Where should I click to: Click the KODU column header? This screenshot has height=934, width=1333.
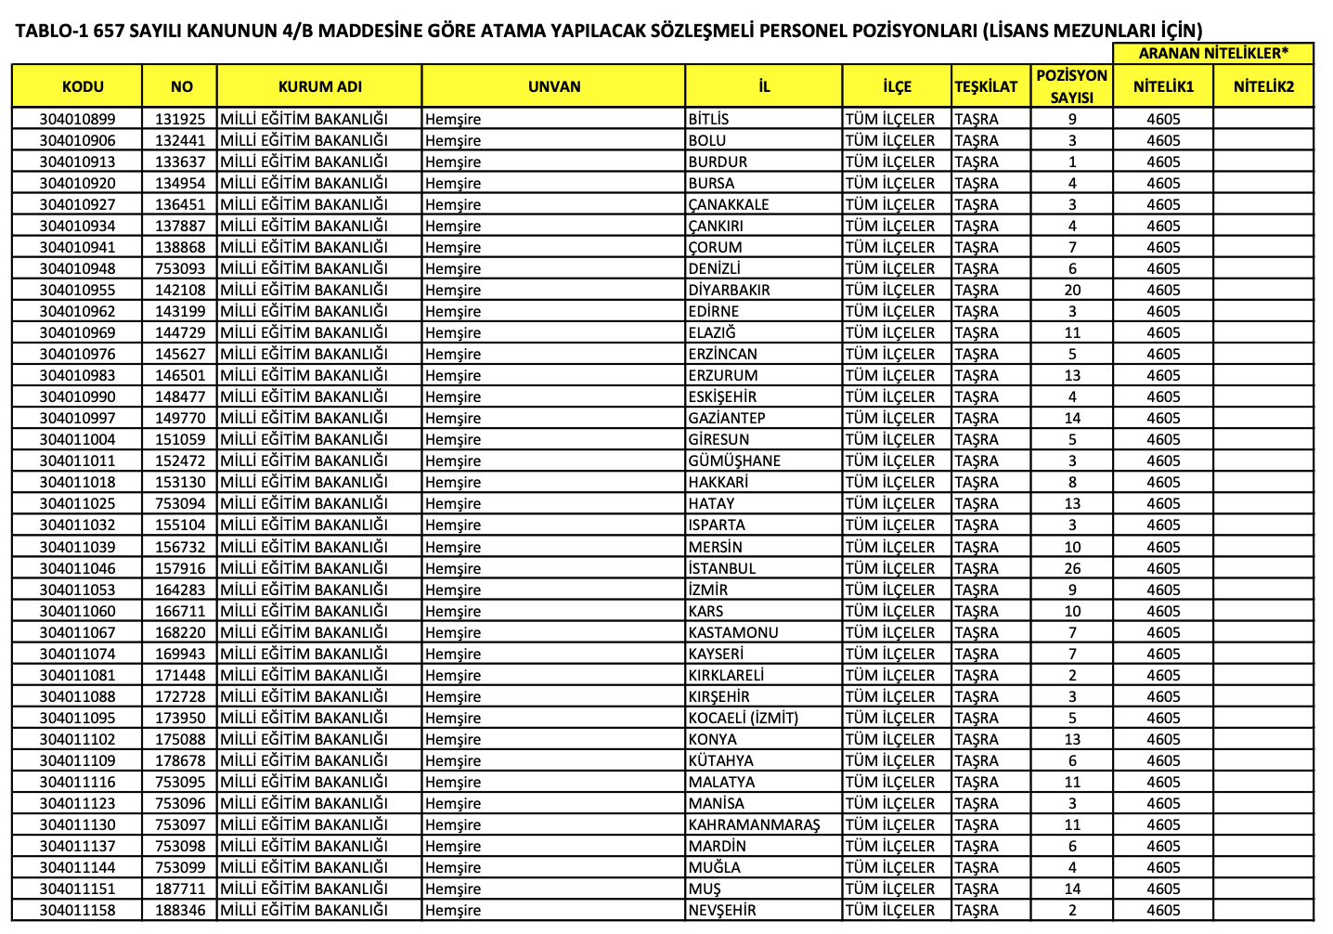[83, 86]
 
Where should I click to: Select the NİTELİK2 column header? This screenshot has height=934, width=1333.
[1262, 86]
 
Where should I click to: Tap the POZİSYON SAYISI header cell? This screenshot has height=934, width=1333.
[1071, 86]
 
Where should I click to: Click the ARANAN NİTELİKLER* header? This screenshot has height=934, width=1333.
[1212, 53]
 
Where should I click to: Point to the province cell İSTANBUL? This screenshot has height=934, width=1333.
[721, 568]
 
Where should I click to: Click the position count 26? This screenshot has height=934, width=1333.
[1072, 568]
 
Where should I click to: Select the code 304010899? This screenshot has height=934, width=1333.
[78, 119]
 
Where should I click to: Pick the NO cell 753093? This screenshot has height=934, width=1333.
[180, 268]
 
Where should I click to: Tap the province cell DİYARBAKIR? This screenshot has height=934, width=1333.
[729, 290]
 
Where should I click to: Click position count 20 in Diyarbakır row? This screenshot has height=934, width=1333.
[1072, 290]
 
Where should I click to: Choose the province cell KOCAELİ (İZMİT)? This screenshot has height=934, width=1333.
[743, 718]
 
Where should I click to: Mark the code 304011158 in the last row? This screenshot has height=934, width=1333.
[78, 910]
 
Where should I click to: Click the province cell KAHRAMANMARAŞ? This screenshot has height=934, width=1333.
[754, 824]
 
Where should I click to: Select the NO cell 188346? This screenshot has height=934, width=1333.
[180, 910]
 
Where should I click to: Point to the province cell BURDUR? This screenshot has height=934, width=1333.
[718, 162]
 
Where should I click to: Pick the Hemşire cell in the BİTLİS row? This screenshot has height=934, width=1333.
[453, 119]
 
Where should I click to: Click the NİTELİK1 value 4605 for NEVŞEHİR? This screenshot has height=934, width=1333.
[1163, 910]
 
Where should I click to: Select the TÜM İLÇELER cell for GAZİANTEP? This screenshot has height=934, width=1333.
[890, 418]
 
